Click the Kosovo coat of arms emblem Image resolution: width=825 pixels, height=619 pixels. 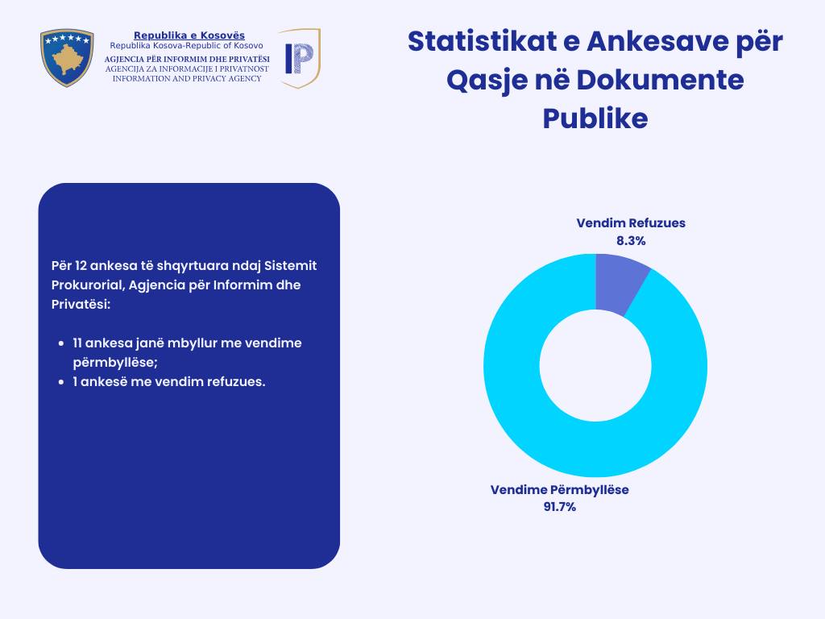tap(67, 57)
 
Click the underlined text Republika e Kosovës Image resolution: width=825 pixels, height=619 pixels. tap(189, 35)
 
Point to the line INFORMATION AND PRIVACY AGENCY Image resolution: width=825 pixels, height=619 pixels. tap(187, 78)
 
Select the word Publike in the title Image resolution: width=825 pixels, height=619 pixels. tap(595, 118)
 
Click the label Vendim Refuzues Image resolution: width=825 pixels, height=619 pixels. tap(631, 223)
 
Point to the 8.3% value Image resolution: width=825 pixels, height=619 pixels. tap(631, 240)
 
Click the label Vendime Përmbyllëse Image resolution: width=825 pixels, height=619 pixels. tap(560, 490)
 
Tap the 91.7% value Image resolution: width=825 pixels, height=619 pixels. tap(560, 507)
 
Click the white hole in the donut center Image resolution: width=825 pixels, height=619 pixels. tap(595, 365)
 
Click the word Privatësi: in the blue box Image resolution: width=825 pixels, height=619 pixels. tap(81, 305)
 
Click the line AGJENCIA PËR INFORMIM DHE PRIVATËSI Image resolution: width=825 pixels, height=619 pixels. tap(187, 60)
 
